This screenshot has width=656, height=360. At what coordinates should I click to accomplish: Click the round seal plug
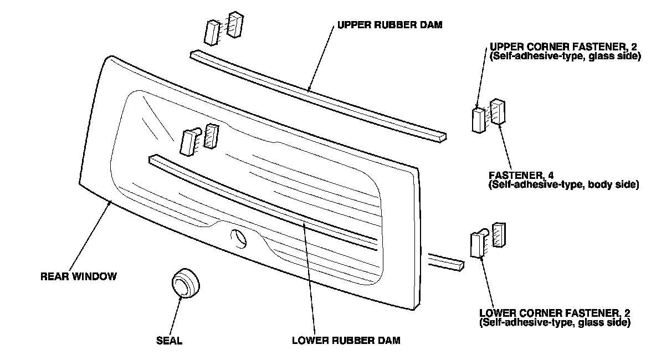pyautogui.click(x=184, y=285)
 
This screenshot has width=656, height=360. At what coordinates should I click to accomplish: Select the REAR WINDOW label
pyautogui.click(x=79, y=276)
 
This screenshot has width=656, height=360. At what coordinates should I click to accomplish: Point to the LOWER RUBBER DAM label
pyautogui.click(x=346, y=340)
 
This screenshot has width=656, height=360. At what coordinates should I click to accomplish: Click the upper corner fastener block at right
pyautogui.click(x=478, y=120)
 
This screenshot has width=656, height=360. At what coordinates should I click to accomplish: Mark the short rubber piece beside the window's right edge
pyautogui.click(x=446, y=261)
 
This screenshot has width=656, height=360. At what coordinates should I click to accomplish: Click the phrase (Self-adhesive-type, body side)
pyautogui.click(x=564, y=184)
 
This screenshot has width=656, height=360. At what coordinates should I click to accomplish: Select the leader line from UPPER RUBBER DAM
pyautogui.click(x=324, y=58)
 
